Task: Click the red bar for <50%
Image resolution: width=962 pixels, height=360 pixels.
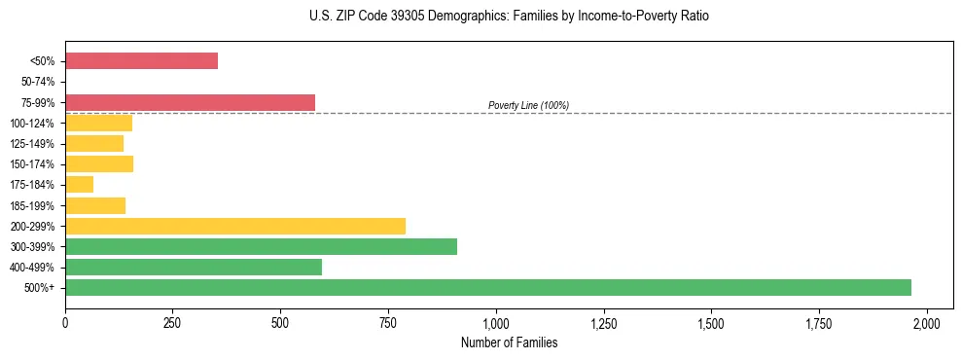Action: tap(141, 61)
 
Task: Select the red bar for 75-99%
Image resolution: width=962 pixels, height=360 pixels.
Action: tap(190, 102)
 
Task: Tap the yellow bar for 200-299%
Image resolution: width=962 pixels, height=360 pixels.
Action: tap(234, 226)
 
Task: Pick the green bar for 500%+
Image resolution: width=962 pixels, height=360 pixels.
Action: tap(487, 287)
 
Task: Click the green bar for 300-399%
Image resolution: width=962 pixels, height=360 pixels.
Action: tap(261, 246)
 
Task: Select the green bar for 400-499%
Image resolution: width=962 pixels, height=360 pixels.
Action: tap(193, 267)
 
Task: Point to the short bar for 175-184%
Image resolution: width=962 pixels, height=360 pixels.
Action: tap(79, 185)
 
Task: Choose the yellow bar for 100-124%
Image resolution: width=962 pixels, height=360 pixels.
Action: tap(98, 123)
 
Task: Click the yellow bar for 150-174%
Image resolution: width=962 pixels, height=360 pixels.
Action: tap(99, 163)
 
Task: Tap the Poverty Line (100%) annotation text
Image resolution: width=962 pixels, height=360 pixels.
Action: tap(528, 105)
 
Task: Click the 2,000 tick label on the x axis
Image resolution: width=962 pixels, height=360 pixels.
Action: tap(927, 322)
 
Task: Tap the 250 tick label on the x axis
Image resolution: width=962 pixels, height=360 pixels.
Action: tap(173, 322)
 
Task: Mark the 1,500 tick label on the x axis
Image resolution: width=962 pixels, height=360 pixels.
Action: tap(711, 322)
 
